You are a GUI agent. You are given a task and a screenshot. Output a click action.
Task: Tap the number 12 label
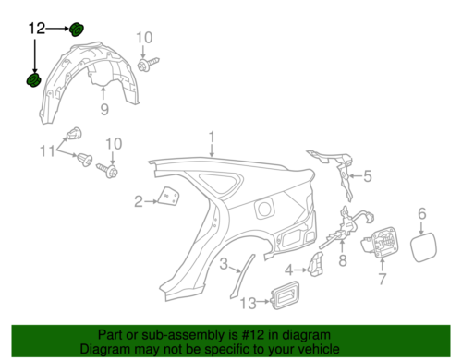pos(36,30)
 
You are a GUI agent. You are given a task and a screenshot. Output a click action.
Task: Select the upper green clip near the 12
pos(77,29)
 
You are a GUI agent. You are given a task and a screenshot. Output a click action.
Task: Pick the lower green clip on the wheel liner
pos(33,82)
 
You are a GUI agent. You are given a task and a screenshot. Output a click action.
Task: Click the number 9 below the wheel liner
pos(104,111)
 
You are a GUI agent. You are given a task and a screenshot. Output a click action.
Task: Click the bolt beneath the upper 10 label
pos(145,65)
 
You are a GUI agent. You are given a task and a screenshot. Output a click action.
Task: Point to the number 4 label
pos(289,270)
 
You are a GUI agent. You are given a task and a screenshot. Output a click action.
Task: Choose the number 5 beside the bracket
pos(365,176)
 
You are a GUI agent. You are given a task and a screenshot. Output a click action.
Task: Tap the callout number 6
pos(421,214)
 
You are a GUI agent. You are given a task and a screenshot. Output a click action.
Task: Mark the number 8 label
pos(341,260)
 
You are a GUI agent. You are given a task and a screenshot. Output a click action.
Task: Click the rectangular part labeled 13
pos(283,296)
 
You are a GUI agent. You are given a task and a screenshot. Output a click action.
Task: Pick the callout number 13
pos(248,304)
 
